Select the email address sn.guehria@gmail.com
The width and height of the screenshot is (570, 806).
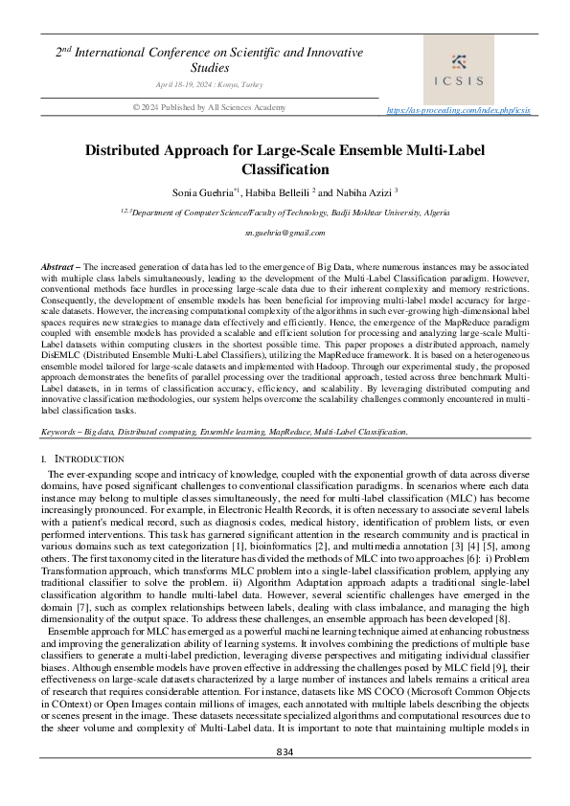click(285, 233)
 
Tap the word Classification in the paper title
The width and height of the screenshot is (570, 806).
click(285, 169)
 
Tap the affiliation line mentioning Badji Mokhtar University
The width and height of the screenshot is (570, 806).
click(285, 212)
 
